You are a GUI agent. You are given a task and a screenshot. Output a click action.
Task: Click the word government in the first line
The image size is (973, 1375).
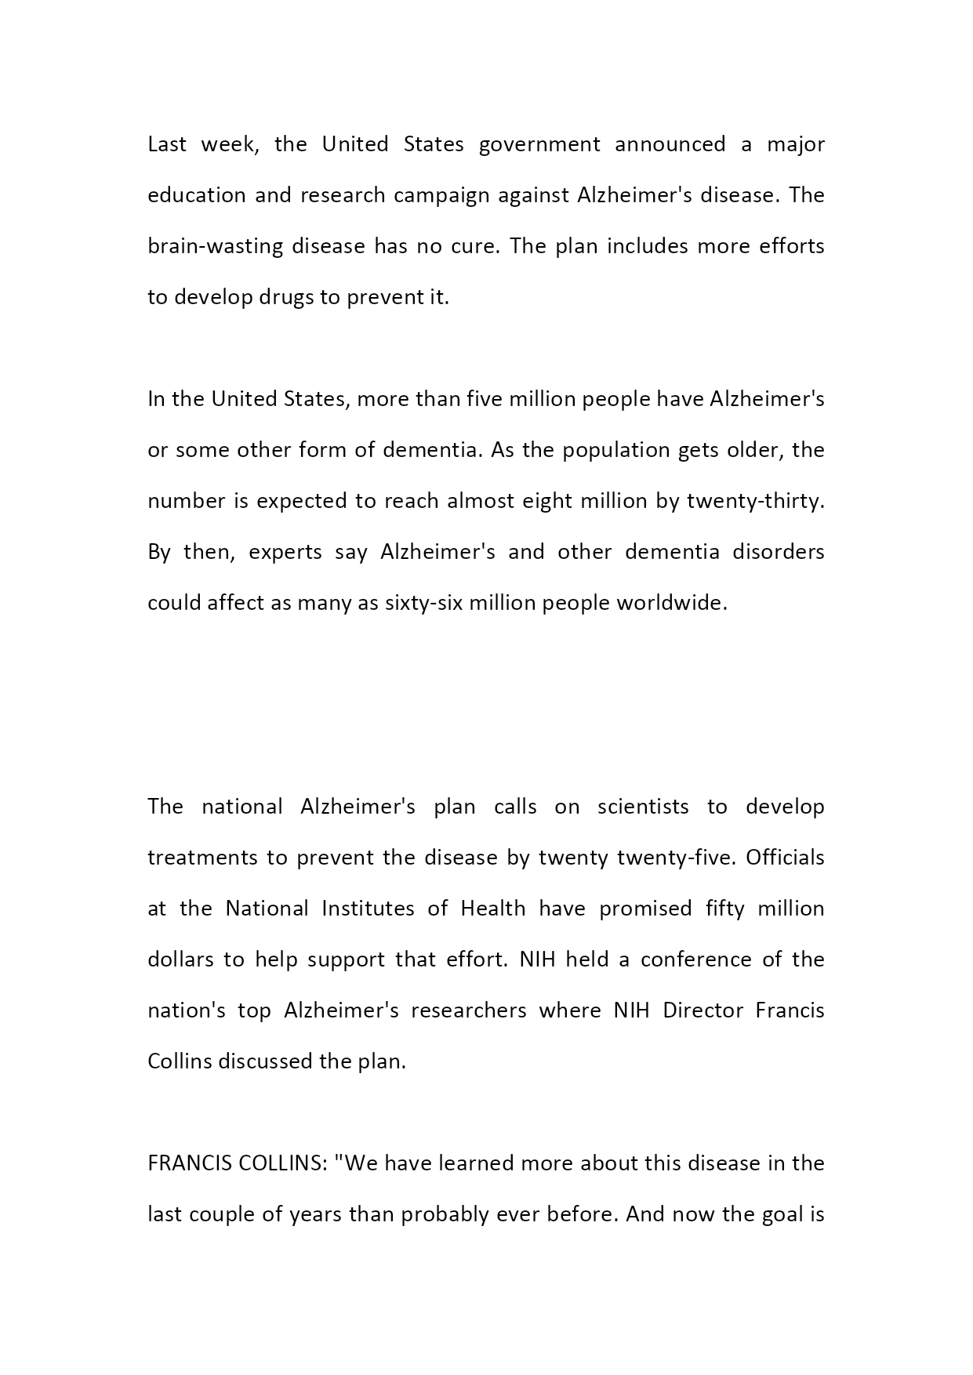(x=539, y=145)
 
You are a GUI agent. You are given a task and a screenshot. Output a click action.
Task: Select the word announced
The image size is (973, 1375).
(x=670, y=145)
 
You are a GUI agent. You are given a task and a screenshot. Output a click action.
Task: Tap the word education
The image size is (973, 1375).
(x=197, y=195)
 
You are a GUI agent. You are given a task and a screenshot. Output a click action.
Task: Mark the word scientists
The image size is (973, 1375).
(x=643, y=807)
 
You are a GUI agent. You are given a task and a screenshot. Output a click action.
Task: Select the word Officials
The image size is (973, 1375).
(x=785, y=858)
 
